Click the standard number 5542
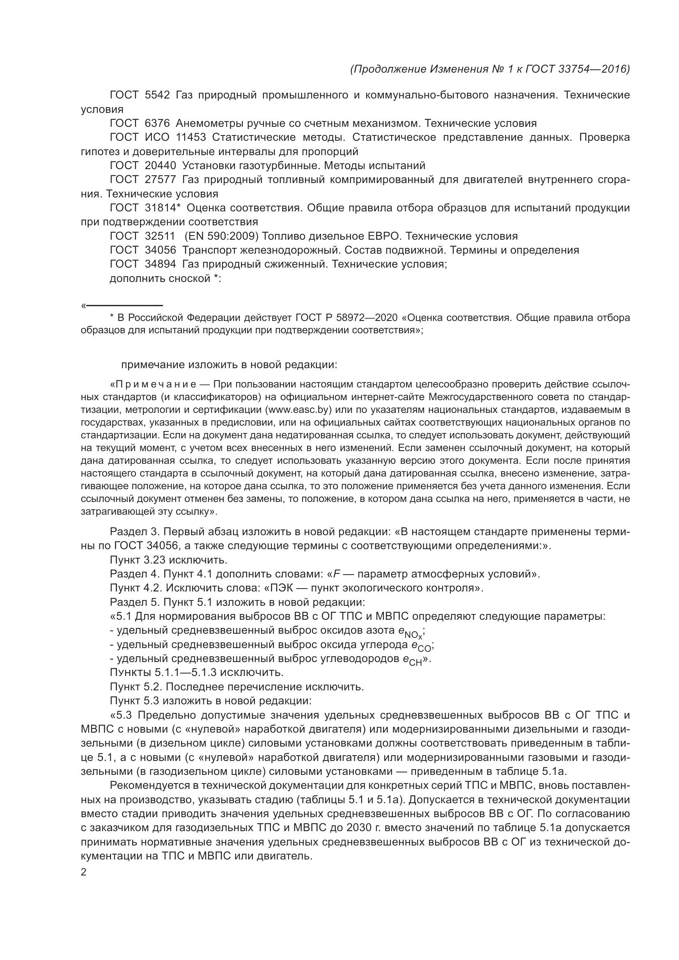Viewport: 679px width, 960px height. [157, 95]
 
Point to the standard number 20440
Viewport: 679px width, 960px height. [160, 166]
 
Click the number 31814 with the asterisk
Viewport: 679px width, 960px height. [162, 208]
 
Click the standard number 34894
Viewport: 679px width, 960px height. [160, 264]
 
